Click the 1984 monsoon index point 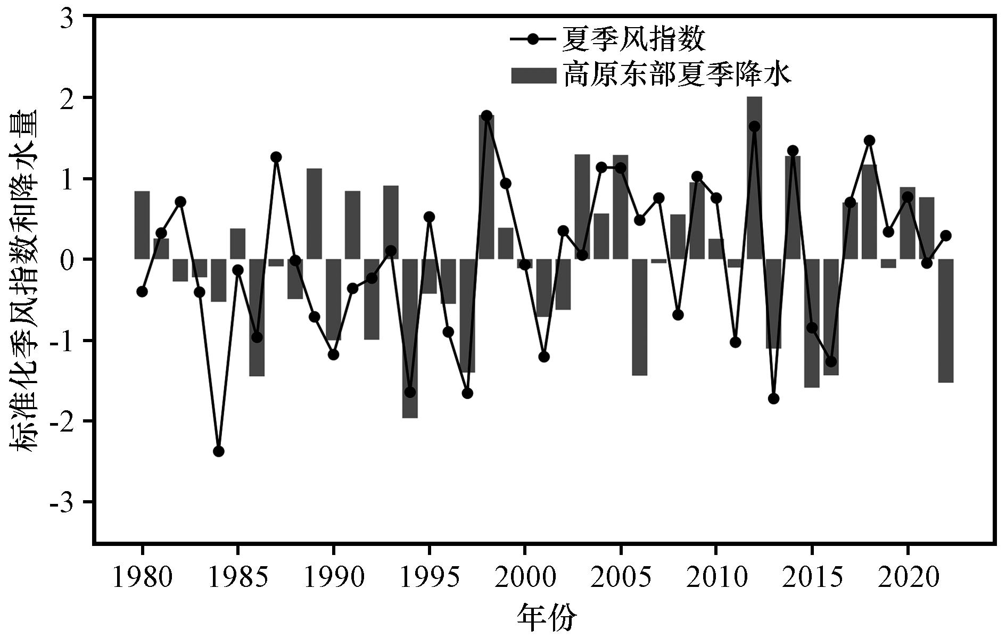(x=218, y=451)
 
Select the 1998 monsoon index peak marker (x=486, y=115)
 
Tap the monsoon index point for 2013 (x=773, y=399)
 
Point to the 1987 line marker (x=276, y=157)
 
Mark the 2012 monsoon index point (x=754, y=126)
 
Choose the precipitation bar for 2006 (x=639, y=317)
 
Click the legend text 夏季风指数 (x=633, y=39)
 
